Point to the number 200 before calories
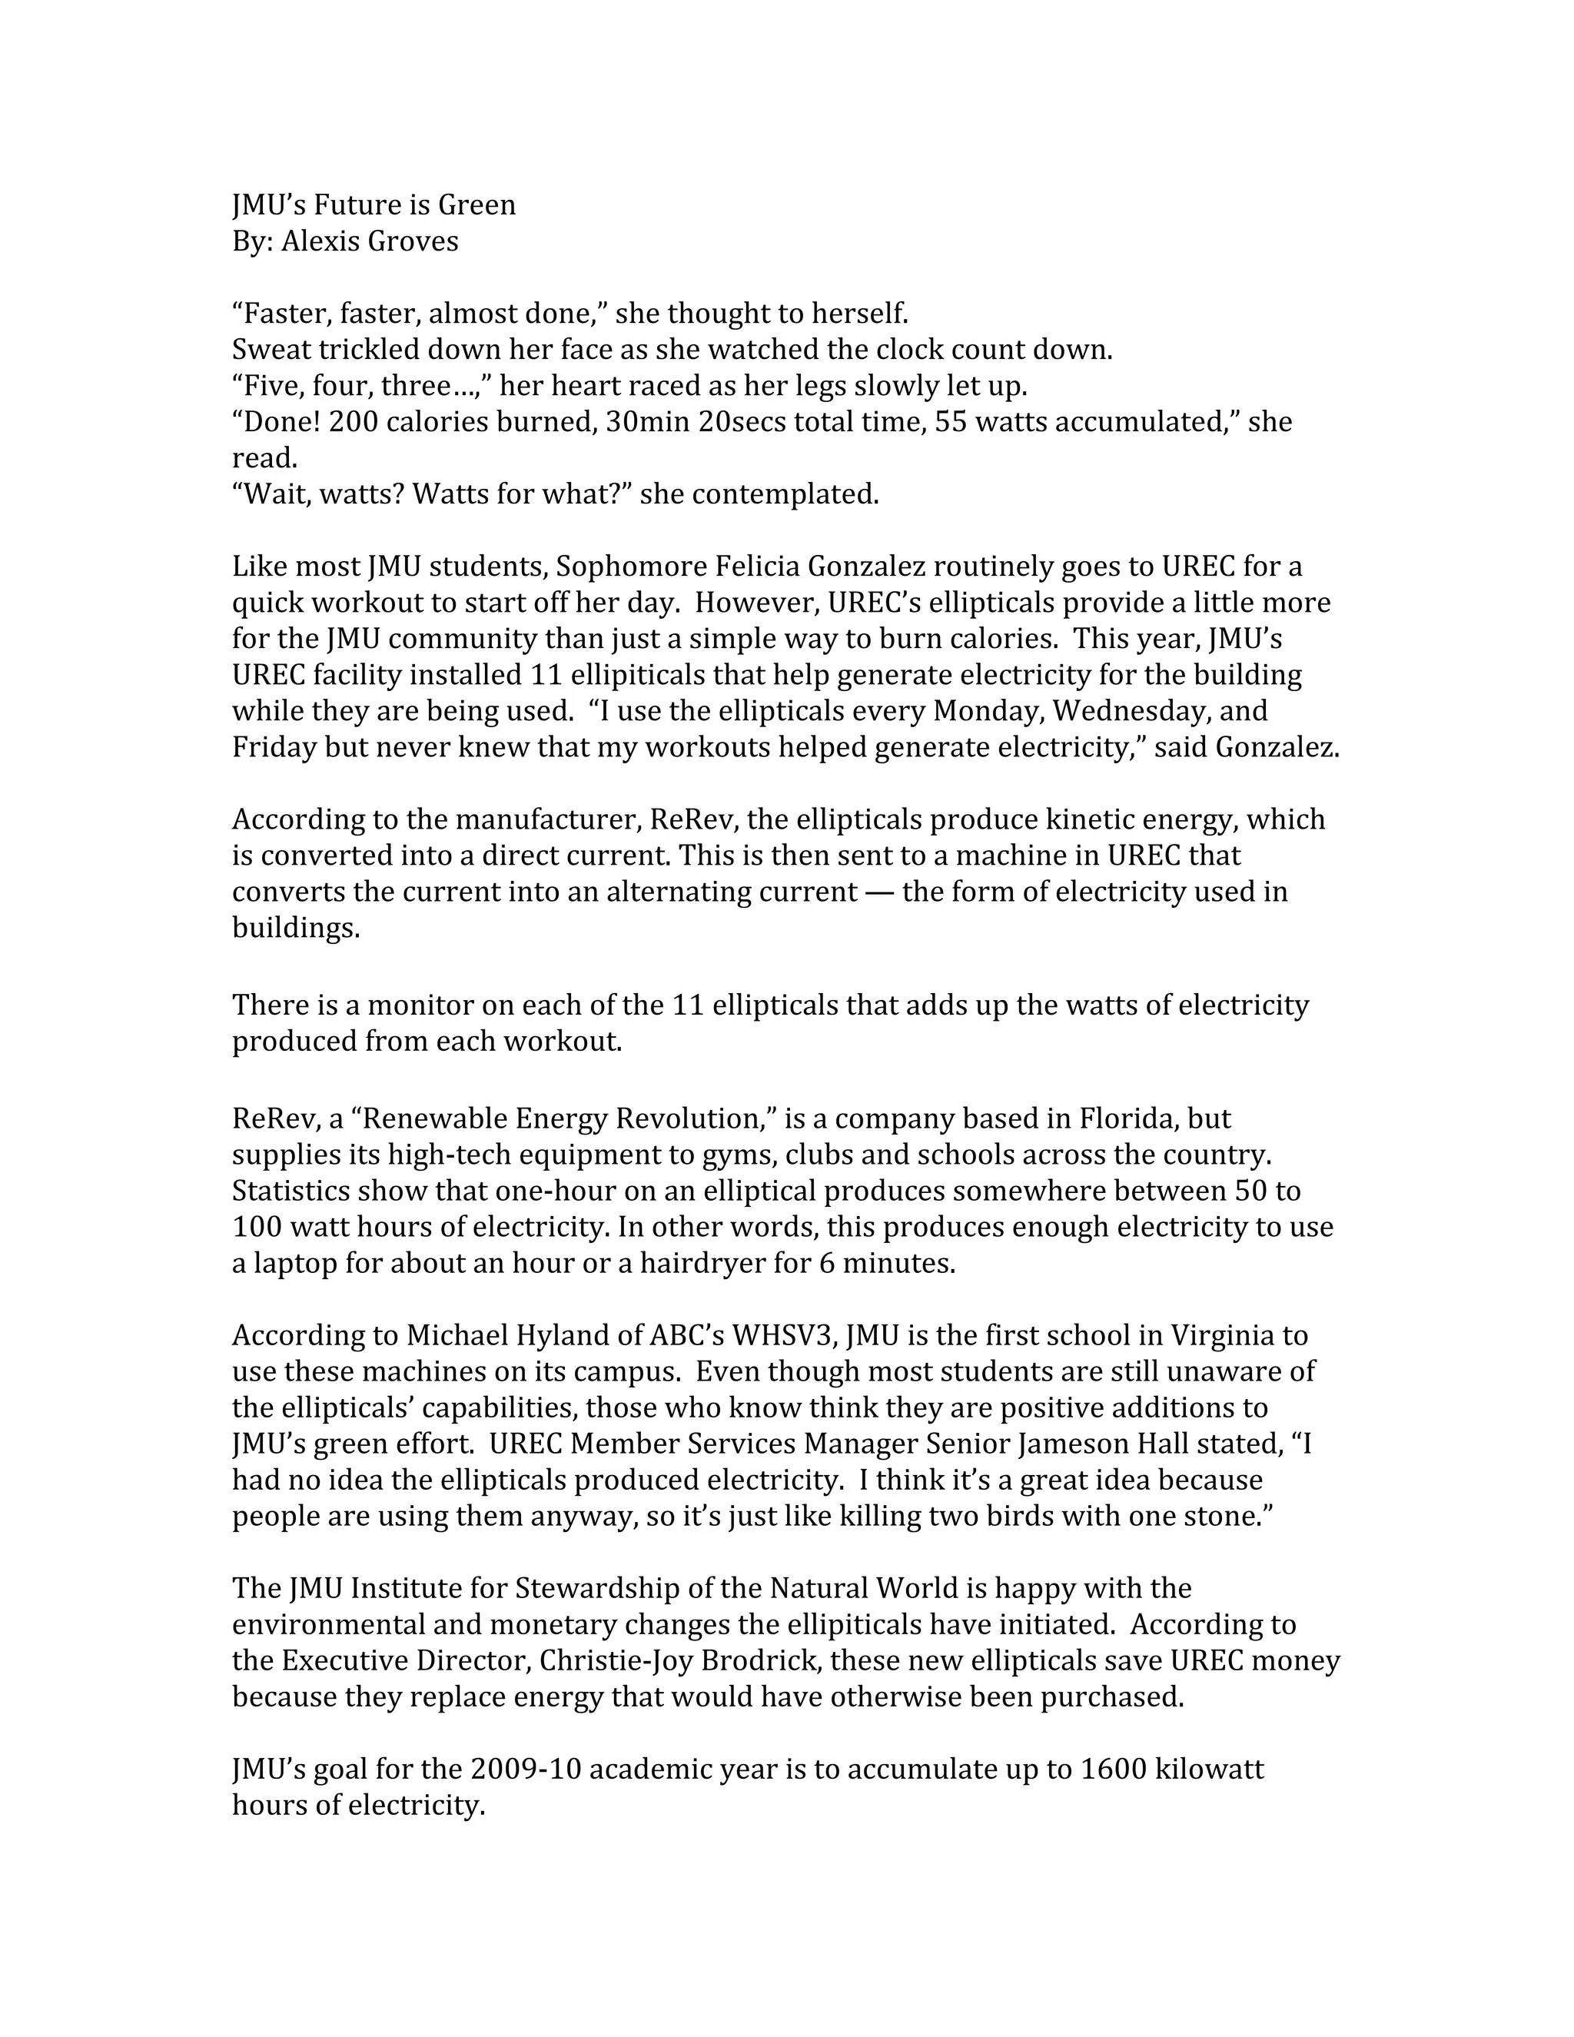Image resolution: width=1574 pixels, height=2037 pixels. click(354, 423)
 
